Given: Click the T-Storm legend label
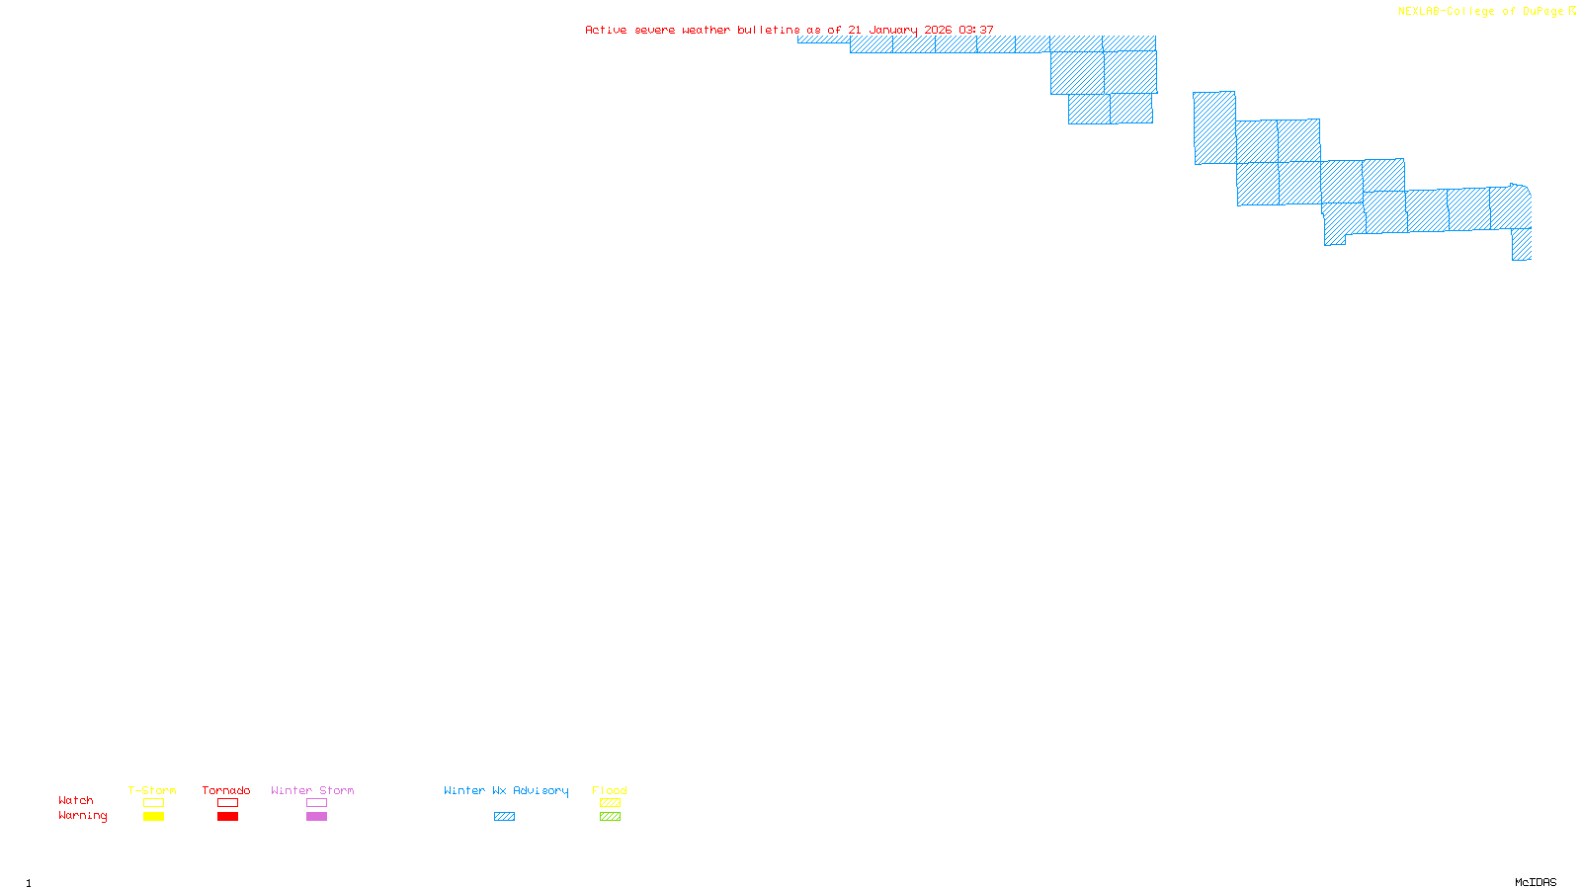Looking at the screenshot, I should pyautogui.click(x=152, y=790).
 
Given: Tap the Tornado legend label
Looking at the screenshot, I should pyautogui.click(x=226, y=790).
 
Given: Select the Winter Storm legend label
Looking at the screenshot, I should pyautogui.click(x=312, y=790).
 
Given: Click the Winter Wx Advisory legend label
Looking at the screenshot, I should pyautogui.click(x=506, y=790).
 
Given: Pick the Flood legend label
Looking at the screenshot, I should pyautogui.click(x=610, y=790).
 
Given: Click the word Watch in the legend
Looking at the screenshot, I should pyautogui.click(x=76, y=800).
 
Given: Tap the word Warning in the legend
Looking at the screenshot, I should pyautogui.click(x=83, y=816).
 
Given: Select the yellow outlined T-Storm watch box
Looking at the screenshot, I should pyautogui.click(x=153, y=803).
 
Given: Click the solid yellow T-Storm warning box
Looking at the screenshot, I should pyautogui.click(x=153, y=817).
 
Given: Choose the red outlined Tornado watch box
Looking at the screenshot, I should pyautogui.click(x=227, y=803).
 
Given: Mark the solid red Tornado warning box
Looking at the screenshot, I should pyautogui.click(x=227, y=817).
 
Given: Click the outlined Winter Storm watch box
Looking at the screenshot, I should pyautogui.click(x=316, y=803).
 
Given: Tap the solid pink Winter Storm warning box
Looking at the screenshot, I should pyautogui.click(x=316, y=817).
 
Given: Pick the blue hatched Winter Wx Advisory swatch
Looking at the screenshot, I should pyautogui.click(x=504, y=817).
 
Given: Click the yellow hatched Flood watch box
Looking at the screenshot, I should pyautogui.click(x=610, y=803).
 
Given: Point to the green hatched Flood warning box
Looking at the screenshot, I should pyautogui.click(x=610, y=817).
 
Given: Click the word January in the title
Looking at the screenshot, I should pyautogui.click(x=893, y=31).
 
